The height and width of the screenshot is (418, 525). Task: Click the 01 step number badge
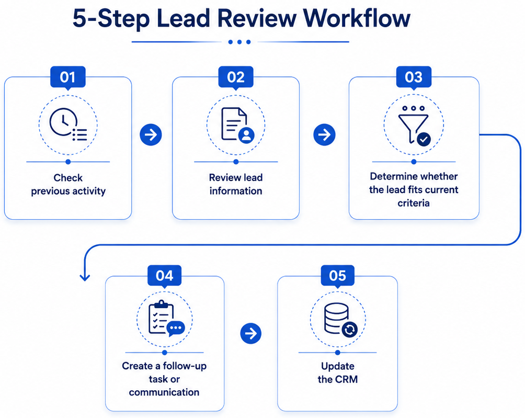[x=68, y=77]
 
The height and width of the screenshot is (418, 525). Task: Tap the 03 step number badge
[x=414, y=77]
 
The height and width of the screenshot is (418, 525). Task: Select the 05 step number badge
[x=337, y=276]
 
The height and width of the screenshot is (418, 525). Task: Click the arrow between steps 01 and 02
[x=151, y=134]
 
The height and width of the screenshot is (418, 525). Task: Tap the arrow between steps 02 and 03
[x=324, y=134]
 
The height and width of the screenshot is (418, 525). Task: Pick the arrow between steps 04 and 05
[x=251, y=333]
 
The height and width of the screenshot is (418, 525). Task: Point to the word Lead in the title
[x=184, y=18]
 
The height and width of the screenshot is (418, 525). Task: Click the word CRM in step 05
[x=347, y=379]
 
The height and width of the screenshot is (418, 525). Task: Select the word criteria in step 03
[x=414, y=203]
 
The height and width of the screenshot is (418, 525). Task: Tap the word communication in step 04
[x=164, y=392]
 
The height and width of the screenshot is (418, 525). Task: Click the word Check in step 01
[x=68, y=177]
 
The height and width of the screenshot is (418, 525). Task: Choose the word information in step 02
[x=236, y=191]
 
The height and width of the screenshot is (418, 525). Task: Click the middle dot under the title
[x=239, y=42]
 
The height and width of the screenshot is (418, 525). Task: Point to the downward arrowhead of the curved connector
[x=85, y=277]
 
